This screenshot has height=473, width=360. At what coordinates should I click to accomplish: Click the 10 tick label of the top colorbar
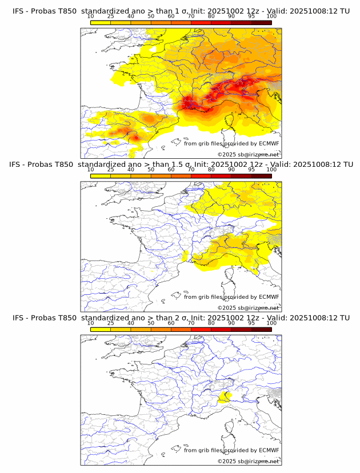(91, 16)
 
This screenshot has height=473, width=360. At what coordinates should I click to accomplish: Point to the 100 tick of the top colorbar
(271, 16)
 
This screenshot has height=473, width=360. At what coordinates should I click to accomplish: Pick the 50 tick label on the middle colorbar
(151, 170)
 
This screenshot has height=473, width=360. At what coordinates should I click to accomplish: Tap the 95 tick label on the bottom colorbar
(251, 323)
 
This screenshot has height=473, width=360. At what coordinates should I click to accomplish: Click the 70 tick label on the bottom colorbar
(191, 323)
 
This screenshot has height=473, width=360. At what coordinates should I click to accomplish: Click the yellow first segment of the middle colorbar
(101, 175)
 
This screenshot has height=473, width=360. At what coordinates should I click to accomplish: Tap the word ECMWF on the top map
(269, 143)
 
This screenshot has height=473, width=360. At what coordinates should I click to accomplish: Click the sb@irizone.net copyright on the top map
(259, 155)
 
